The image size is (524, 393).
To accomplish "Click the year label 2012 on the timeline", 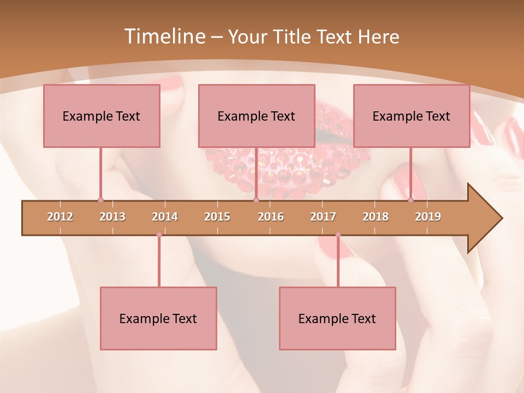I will tap(60, 217).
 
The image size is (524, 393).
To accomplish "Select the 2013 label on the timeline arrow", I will tap(112, 217).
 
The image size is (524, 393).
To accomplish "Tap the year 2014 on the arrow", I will tap(165, 217).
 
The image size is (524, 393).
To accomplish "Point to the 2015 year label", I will tap(217, 217).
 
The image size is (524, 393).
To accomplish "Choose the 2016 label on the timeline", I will tap(271, 217).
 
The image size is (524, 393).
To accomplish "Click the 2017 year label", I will tap(323, 217).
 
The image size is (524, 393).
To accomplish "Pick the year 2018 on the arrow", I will tap(376, 217).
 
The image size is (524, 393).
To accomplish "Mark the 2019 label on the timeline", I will tap(428, 217).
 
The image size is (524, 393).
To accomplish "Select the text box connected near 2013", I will tap(102, 116).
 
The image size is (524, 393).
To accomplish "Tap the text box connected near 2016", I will tap(257, 116).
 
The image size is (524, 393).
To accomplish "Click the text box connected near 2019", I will tap(412, 116).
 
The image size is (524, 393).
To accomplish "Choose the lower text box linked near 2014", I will tap(158, 318).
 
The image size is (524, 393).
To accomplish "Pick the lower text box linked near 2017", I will tap(337, 318).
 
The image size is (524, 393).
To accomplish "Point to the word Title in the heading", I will tap(295, 37).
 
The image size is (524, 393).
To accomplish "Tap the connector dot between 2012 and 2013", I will tap(100, 200).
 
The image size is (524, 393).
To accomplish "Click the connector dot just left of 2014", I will tap(159, 235).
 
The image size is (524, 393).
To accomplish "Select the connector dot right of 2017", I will tap(338, 235).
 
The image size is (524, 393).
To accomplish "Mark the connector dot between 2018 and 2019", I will tap(410, 200).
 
